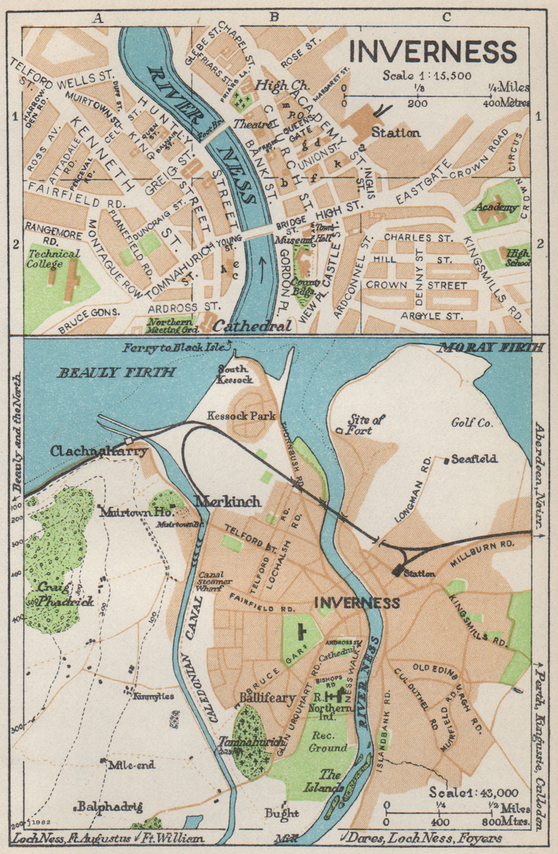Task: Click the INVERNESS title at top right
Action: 433,52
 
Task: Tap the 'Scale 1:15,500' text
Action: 427,75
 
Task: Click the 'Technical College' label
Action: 54,258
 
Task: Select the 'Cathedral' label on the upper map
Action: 253,326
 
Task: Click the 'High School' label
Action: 518,258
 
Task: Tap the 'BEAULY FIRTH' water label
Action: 116,373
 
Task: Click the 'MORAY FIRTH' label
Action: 490,348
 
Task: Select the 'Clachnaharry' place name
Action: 99,451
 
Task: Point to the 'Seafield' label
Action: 474,458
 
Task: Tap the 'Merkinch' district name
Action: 228,501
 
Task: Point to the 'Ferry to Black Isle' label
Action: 176,348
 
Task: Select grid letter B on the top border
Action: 274,18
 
